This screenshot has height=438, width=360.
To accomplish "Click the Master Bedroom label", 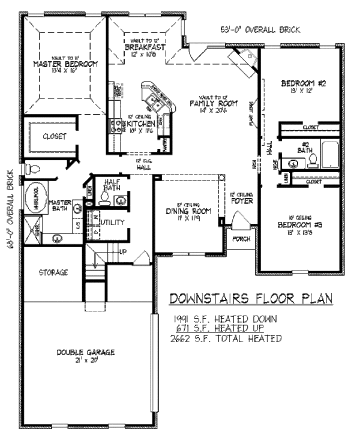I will click(57, 64).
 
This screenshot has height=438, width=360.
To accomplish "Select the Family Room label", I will click(214, 103).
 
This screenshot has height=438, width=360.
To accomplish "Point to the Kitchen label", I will click(140, 124).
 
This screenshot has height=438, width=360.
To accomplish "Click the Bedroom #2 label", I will click(303, 84).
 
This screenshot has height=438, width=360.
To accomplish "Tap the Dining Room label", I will click(188, 211).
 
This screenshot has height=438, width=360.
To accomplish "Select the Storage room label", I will click(53, 273).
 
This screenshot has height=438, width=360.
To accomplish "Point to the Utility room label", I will click(113, 223).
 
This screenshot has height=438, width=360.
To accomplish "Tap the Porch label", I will click(241, 238).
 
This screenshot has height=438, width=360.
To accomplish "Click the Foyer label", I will click(242, 201).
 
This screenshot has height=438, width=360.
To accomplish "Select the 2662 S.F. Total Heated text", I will click(226, 338).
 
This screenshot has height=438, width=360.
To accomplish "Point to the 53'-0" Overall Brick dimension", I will click(260, 29).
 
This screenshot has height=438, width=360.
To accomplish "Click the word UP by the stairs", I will click(124, 251).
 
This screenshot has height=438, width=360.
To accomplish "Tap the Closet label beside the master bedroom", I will click(54, 136).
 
